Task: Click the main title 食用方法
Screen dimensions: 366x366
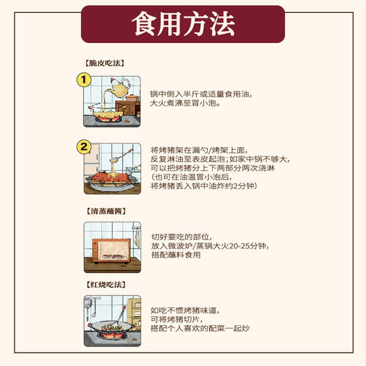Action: click(x=182, y=25)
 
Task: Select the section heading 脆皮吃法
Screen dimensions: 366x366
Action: click(x=105, y=63)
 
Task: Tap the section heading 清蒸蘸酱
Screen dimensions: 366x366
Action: click(x=105, y=211)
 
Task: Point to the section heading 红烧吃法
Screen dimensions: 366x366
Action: click(x=105, y=284)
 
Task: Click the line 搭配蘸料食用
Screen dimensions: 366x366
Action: click(x=176, y=255)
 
